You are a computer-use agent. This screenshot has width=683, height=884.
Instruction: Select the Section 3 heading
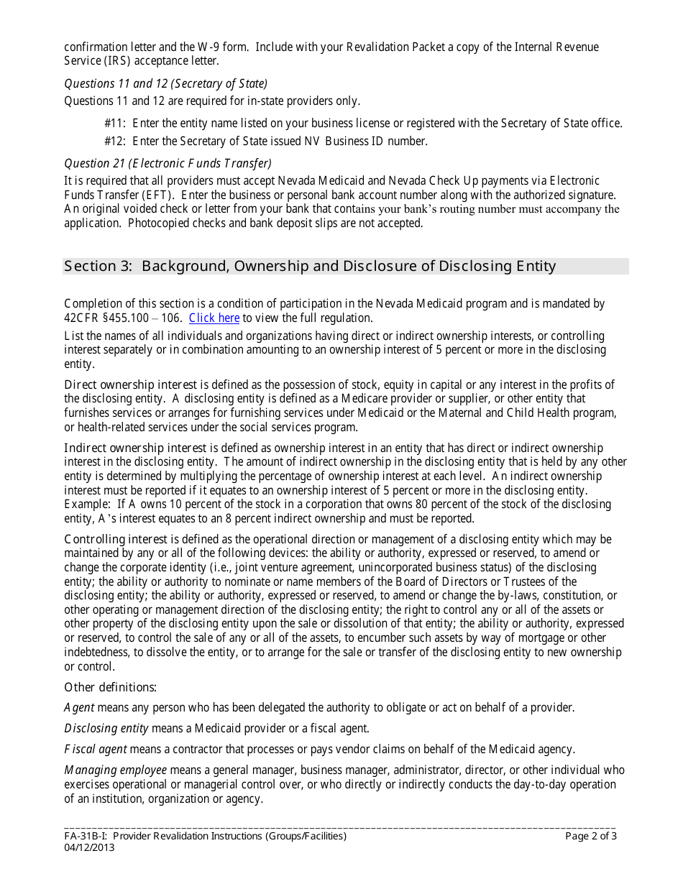[x=310, y=267]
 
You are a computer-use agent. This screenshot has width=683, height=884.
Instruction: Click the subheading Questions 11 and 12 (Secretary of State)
[x=166, y=83]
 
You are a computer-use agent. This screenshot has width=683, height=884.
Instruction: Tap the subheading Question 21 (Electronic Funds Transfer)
[x=168, y=163]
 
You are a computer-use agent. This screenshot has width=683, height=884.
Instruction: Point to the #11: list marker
[x=116, y=124]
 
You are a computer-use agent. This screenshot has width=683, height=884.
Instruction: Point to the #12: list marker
[x=116, y=141]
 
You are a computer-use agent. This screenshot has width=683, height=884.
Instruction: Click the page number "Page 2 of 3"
[x=590, y=836]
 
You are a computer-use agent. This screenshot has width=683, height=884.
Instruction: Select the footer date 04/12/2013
[x=89, y=847]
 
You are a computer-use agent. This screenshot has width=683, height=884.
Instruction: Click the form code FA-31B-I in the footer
[x=85, y=836]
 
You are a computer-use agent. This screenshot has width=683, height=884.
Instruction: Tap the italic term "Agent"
[x=79, y=708]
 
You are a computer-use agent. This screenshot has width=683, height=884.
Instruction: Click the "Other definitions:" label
[x=111, y=687]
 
